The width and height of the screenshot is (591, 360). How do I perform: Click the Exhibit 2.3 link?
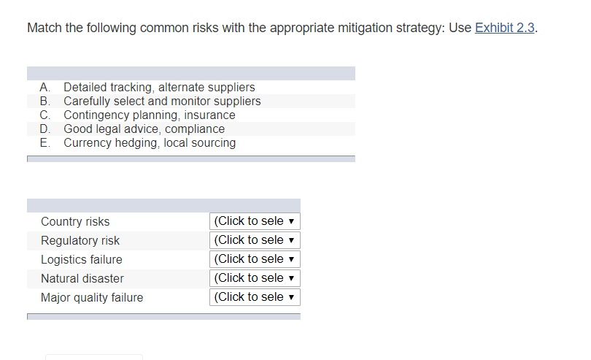(505, 28)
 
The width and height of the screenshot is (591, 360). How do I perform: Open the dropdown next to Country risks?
(255, 221)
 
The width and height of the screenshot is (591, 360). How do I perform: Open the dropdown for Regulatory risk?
(255, 240)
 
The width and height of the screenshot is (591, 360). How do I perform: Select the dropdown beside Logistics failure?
(255, 259)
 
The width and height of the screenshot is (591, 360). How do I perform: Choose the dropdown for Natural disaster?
(255, 278)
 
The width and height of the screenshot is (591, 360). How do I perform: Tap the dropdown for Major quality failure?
(255, 297)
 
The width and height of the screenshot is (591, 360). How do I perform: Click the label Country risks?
(75, 221)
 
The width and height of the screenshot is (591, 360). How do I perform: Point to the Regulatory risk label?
(80, 240)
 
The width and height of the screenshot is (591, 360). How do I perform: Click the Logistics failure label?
(82, 259)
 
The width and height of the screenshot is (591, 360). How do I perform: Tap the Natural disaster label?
(82, 278)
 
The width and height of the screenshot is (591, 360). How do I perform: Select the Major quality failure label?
(92, 297)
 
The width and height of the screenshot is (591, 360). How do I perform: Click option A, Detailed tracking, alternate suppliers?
(159, 88)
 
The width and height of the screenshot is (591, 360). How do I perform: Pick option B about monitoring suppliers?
(162, 102)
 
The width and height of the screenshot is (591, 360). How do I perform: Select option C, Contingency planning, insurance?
(150, 115)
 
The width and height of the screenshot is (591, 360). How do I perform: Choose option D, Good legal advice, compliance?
(144, 129)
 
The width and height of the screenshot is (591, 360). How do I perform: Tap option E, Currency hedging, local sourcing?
(150, 143)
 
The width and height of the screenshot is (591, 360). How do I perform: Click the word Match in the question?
(43, 28)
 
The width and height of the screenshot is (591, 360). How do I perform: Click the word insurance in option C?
(209, 115)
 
